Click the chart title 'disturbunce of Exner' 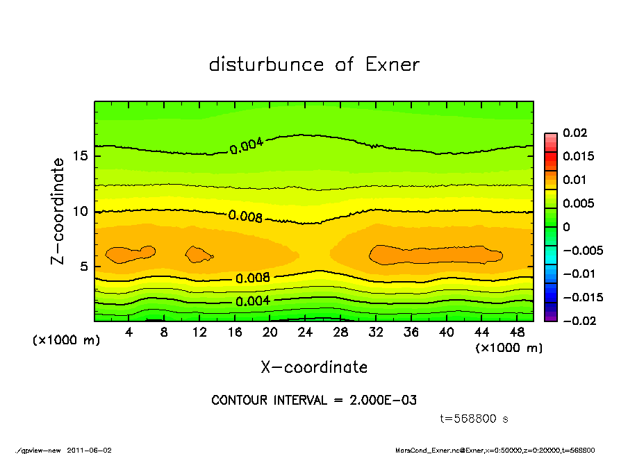coord(314,65)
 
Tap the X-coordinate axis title coord(314,367)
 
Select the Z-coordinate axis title coord(58,211)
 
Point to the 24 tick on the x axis coord(306,333)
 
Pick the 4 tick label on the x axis coord(129,333)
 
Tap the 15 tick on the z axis coord(80,156)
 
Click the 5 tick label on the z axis coord(83,267)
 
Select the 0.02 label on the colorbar coord(575,133)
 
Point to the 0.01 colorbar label coord(575,180)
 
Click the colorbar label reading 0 coord(565,227)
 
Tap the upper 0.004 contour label coord(247,144)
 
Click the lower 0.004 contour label coord(253,301)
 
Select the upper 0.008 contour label coord(245,217)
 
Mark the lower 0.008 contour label coord(253,278)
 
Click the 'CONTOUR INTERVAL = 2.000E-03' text coord(314,401)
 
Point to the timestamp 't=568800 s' coord(474,419)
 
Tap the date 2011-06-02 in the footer coord(89,450)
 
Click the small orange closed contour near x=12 coord(199,254)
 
